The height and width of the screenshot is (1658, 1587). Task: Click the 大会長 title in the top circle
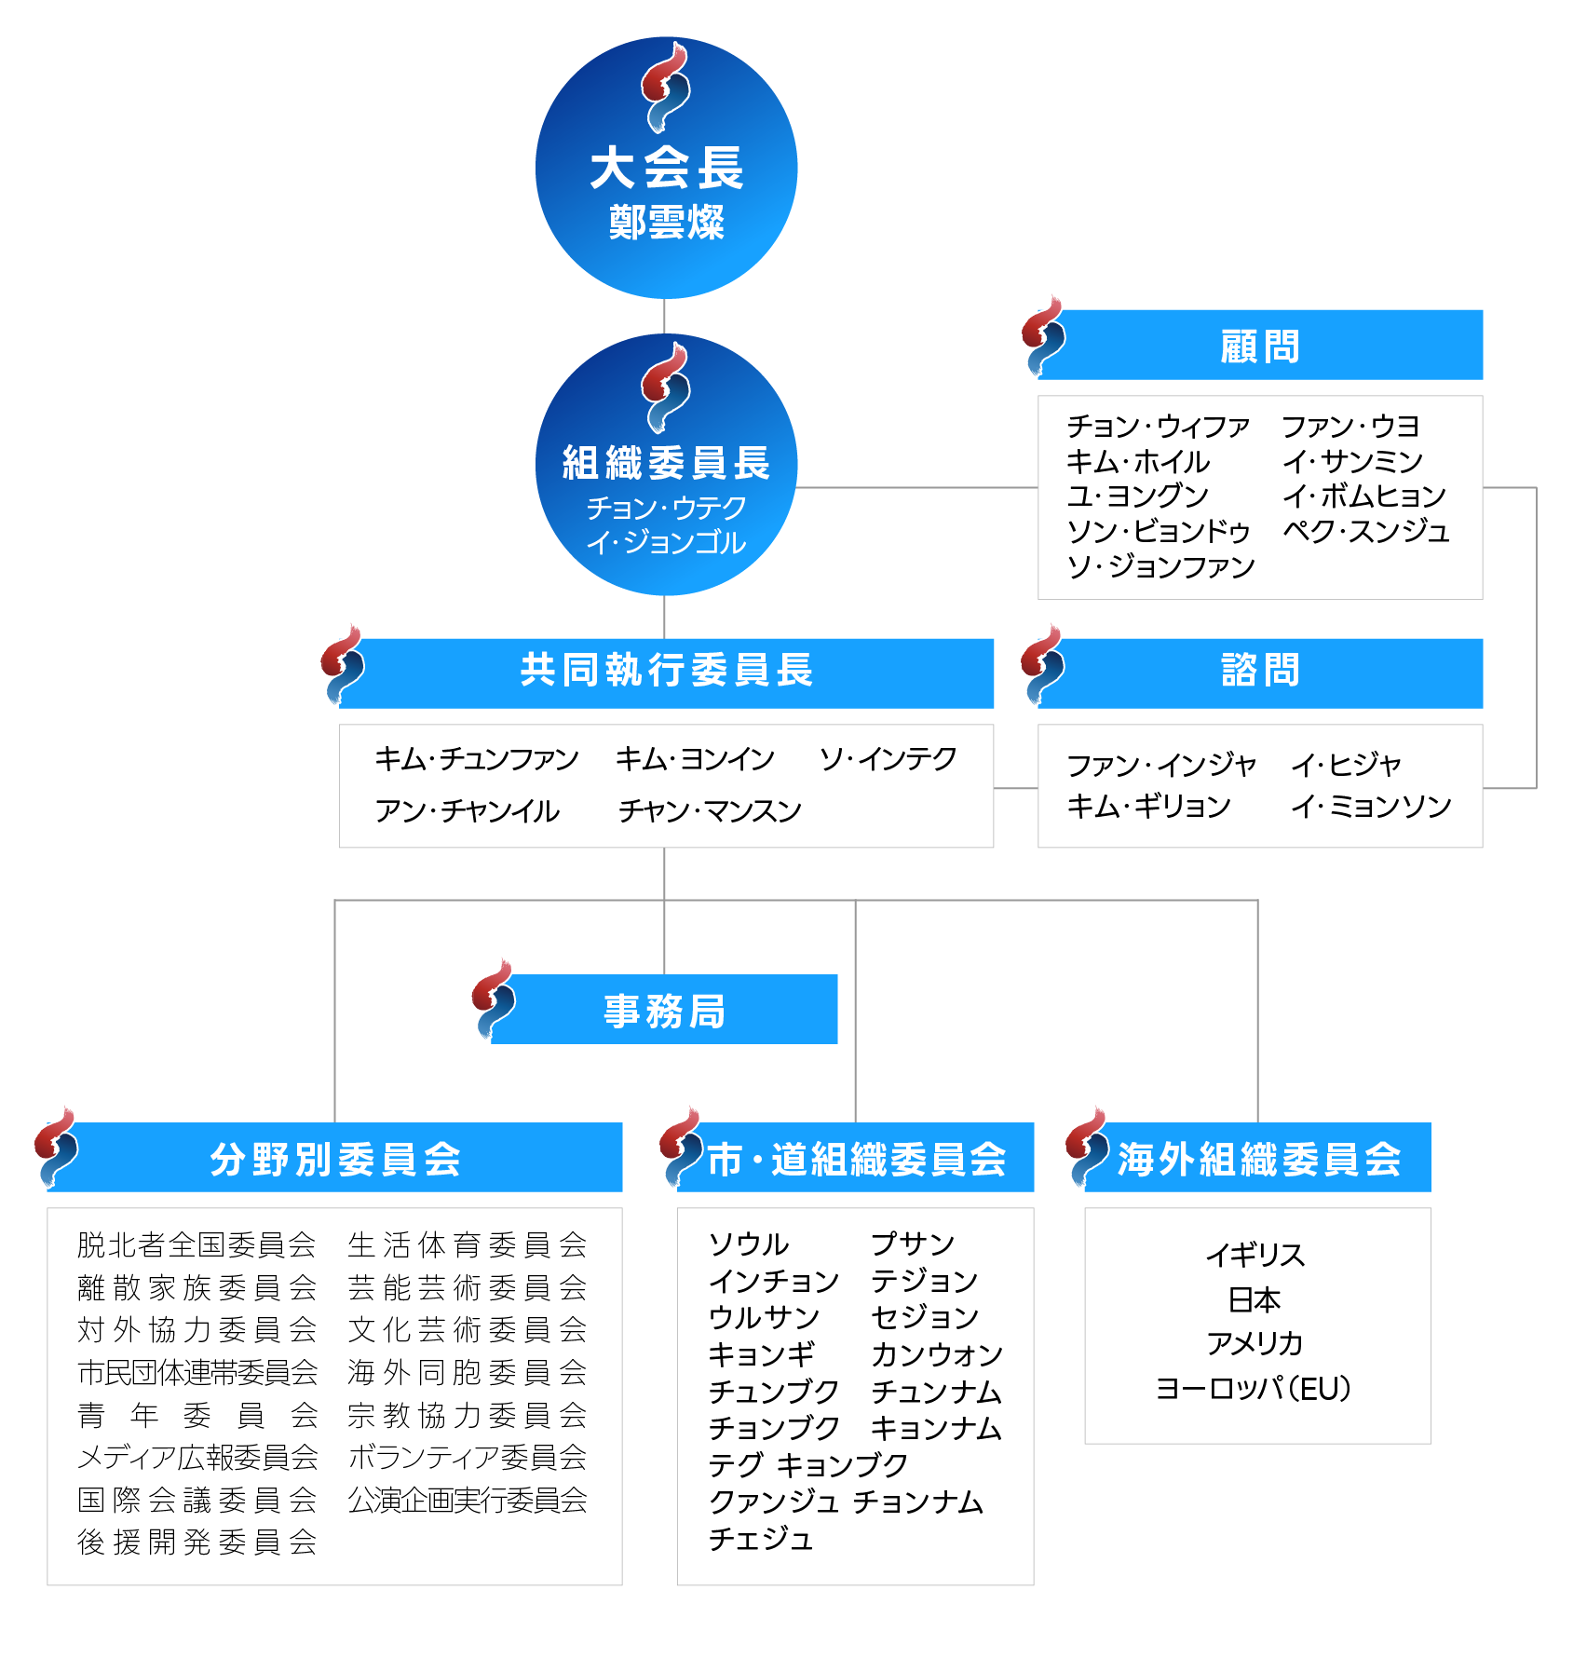point(666,169)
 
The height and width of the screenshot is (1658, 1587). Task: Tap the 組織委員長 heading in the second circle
point(666,463)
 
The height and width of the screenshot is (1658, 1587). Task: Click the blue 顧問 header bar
point(1260,345)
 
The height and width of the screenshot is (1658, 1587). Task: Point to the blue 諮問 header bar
point(1260,673)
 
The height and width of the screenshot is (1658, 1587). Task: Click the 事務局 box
point(664,1009)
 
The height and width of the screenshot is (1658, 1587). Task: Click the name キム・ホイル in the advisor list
point(1138,461)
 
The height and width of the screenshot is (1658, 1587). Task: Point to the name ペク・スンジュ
point(1366,531)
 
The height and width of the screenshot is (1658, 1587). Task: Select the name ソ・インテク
point(888,758)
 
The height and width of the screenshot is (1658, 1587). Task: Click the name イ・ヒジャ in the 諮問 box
point(1346,765)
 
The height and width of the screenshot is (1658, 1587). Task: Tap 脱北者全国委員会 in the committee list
point(197,1244)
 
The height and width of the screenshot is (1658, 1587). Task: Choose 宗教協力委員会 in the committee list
point(468,1415)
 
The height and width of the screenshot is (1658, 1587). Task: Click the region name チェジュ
point(761,1538)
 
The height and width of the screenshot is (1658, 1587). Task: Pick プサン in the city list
point(913,1243)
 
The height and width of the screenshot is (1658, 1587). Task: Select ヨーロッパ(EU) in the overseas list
point(1254,1389)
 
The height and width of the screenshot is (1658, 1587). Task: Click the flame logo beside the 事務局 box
point(494,999)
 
